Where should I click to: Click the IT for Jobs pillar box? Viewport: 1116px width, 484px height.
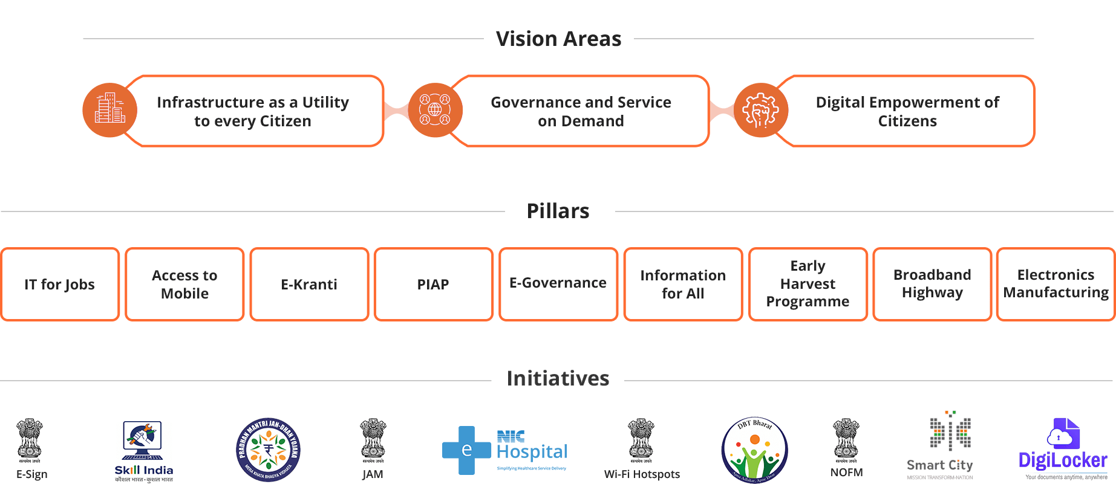[x=60, y=284]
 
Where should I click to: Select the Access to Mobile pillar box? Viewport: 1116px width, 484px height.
[x=184, y=284]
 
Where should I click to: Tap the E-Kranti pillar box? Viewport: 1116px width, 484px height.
[x=309, y=284]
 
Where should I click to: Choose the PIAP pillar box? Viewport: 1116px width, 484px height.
[x=433, y=284]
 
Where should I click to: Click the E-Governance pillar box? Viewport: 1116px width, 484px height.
[x=558, y=284]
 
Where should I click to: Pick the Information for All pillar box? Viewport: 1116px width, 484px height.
[x=683, y=284]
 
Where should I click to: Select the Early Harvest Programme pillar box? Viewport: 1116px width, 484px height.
[x=808, y=284]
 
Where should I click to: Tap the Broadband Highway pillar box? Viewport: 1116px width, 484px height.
[x=932, y=284]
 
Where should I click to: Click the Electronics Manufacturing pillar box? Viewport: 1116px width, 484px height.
[x=1056, y=284]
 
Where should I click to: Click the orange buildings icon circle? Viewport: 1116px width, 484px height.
[x=109, y=110]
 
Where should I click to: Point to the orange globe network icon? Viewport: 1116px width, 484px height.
[x=435, y=110]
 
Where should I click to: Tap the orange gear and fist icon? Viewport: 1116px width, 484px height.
[x=760, y=110]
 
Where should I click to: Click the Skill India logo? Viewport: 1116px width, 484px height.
[x=144, y=451]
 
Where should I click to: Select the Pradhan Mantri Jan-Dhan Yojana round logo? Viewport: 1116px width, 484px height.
[x=268, y=450]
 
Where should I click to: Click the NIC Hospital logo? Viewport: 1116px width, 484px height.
[x=505, y=451]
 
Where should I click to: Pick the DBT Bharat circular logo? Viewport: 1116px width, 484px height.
[x=754, y=450]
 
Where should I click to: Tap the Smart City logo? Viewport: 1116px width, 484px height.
[x=940, y=447]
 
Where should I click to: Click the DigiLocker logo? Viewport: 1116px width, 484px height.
[x=1063, y=450]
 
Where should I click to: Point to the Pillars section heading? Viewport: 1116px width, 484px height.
[x=558, y=211]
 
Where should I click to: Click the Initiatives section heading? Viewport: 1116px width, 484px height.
[x=558, y=379]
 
